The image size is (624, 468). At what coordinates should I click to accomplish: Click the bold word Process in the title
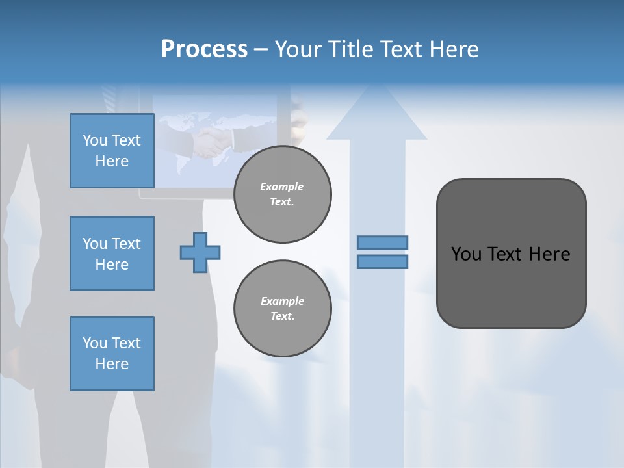(x=204, y=49)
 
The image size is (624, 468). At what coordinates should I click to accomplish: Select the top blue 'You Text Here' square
(x=112, y=151)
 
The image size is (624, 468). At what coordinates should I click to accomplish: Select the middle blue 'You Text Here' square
(x=112, y=253)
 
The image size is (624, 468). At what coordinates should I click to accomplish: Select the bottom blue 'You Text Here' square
(x=112, y=354)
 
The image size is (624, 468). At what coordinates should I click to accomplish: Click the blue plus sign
(x=200, y=252)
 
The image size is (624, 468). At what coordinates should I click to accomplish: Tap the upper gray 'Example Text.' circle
(x=283, y=194)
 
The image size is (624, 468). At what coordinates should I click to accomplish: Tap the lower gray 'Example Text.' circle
(x=283, y=309)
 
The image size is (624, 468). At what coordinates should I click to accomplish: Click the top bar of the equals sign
(x=383, y=242)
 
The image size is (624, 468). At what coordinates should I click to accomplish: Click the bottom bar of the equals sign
(x=383, y=262)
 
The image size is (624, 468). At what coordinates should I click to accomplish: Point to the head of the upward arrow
(x=377, y=117)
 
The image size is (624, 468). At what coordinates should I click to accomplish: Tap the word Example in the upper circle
(x=282, y=187)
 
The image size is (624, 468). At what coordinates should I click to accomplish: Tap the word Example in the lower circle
(x=282, y=301)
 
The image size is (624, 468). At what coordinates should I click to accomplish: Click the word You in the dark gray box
(x=466, y=254)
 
